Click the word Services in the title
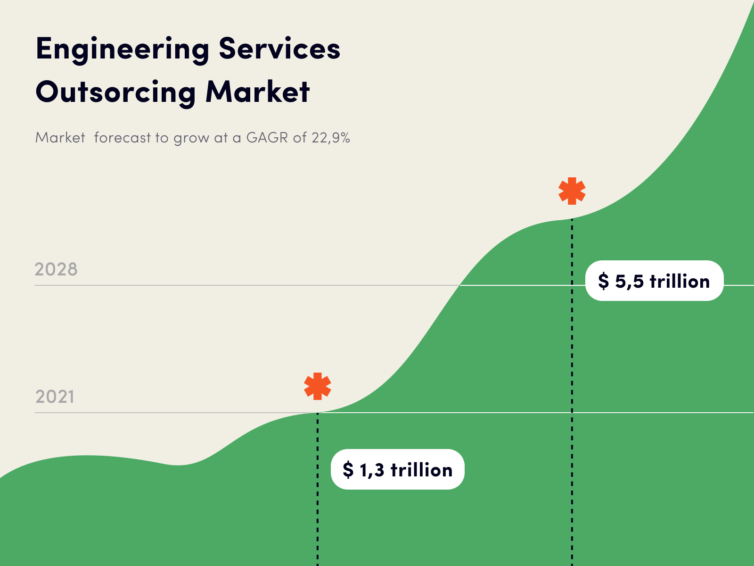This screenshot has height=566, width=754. (279, 49)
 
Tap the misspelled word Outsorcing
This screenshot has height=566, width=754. (115, 92)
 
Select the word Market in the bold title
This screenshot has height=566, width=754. (258, 92)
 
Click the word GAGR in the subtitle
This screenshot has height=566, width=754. (267, 138)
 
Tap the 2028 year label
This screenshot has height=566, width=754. (56, 269)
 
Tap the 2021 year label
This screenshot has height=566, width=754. (55, 397)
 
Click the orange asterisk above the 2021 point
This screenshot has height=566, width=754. (318, 386)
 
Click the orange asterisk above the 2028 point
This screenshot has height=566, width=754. (572, 191)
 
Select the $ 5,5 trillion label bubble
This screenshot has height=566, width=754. (654, 281)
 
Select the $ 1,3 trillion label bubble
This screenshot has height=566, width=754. (397, 469)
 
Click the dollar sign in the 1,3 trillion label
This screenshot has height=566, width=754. (348, 470)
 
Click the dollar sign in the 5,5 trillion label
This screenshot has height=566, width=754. (603, 281)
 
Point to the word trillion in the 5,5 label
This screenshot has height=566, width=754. (680, 281)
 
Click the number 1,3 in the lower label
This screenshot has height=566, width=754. (372, 470)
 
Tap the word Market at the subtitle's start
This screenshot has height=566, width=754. (60, 138)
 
